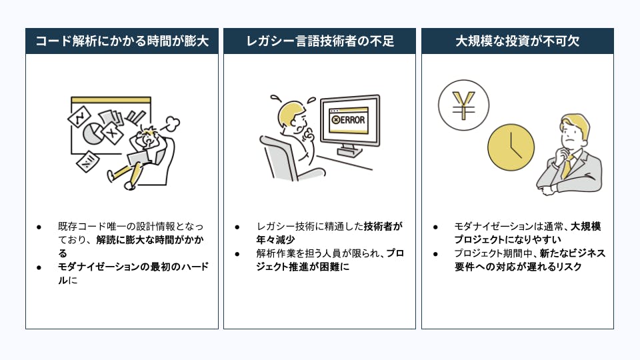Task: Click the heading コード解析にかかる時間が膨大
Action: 122,41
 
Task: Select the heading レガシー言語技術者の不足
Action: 320,41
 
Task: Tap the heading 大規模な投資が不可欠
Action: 517,41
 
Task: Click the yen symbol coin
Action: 464,105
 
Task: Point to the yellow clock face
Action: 511,147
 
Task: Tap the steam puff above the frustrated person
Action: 173,124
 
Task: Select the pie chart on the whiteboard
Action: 93,133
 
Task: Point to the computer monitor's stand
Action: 350,151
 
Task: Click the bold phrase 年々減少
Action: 275,239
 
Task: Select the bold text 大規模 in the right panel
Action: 586,226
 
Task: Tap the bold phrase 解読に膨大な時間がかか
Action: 150,239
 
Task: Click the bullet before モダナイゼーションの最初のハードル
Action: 39,268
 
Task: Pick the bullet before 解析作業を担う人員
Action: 237,254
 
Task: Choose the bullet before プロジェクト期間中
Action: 435,254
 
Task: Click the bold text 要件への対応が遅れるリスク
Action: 518,267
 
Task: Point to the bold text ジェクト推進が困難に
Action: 303,267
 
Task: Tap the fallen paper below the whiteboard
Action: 87,161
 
